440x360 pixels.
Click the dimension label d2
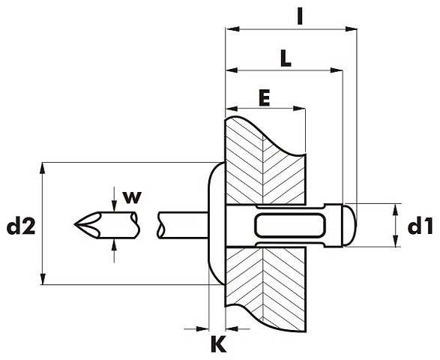tap(21, 227)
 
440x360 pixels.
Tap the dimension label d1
tap(421, 226)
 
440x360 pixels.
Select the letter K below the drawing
tap(218, 344)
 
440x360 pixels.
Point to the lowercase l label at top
tap(300, 16)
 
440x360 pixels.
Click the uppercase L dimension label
tap(286, 58)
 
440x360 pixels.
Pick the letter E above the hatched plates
tap(265, 97)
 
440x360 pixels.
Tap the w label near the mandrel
tap(132, 197)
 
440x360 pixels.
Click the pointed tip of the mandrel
tap(75, 224)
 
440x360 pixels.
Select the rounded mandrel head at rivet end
tap(349, 225)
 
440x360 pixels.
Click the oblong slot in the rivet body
tap(290, 225)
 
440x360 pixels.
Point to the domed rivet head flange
tap(217, 223)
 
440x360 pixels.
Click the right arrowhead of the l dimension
tap(351, 28)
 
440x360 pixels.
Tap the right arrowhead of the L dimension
tap(337, 70)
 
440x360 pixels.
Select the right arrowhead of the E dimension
tap(299, 109)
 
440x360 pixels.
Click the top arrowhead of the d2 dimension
tap(43, 169)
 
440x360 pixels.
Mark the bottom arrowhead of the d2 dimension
tap(43, 278)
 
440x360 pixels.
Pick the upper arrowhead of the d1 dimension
tap(395, 210)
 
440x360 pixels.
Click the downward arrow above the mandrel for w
tap(114, 199)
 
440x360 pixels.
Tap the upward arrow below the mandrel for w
tap(114, 250)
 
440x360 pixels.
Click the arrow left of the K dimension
tap(196, 328)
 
